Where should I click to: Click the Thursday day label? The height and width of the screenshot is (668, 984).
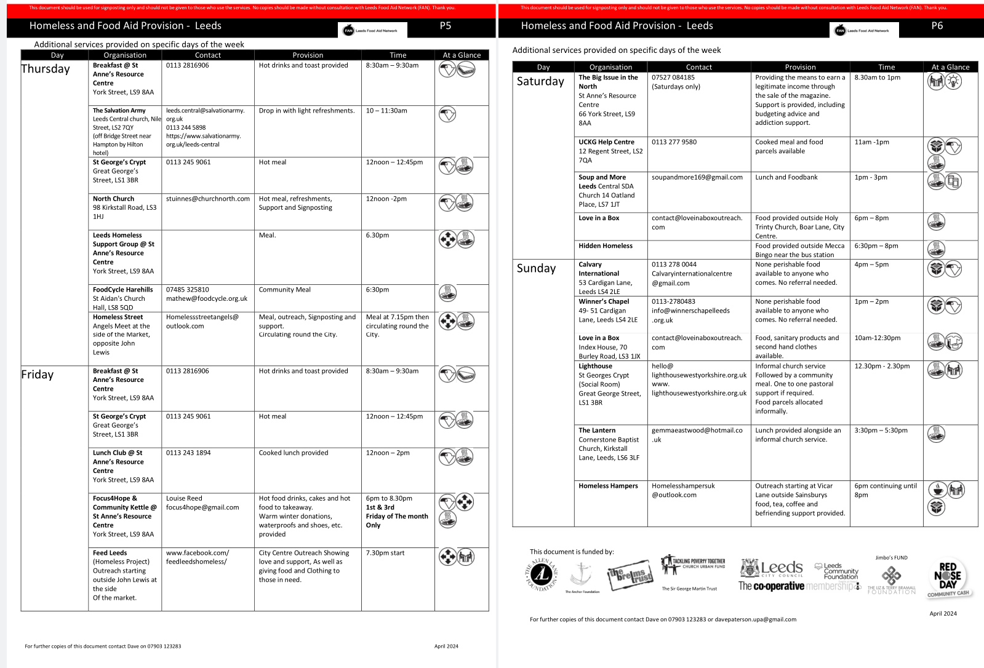[46, 69]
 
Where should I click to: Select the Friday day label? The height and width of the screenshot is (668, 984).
[38, 375]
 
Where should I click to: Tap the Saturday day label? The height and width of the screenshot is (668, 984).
[540, 81]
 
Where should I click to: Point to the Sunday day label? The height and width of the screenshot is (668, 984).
[536, 268]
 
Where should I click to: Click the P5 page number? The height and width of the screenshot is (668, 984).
[446, 26]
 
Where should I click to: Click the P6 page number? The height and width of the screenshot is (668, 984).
[937, 26]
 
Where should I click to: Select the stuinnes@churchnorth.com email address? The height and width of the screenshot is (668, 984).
[208, 199]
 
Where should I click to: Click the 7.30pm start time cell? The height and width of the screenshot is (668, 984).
[385, 553]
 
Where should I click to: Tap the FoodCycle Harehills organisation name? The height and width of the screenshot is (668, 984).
[123, 290]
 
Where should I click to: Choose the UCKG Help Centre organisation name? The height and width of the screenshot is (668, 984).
[606, 142]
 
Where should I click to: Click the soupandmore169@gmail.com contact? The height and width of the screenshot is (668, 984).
[697, 177]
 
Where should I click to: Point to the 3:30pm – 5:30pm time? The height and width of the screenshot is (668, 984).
[881, 431]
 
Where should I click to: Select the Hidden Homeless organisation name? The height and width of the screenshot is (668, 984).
[606, 246]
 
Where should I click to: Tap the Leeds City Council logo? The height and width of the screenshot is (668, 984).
[772, 568]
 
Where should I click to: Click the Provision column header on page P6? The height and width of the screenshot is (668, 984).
[800, 67]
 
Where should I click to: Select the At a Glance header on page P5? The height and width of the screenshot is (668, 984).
[462, 55]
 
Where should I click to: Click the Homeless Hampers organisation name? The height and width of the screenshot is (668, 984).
[608, 486]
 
